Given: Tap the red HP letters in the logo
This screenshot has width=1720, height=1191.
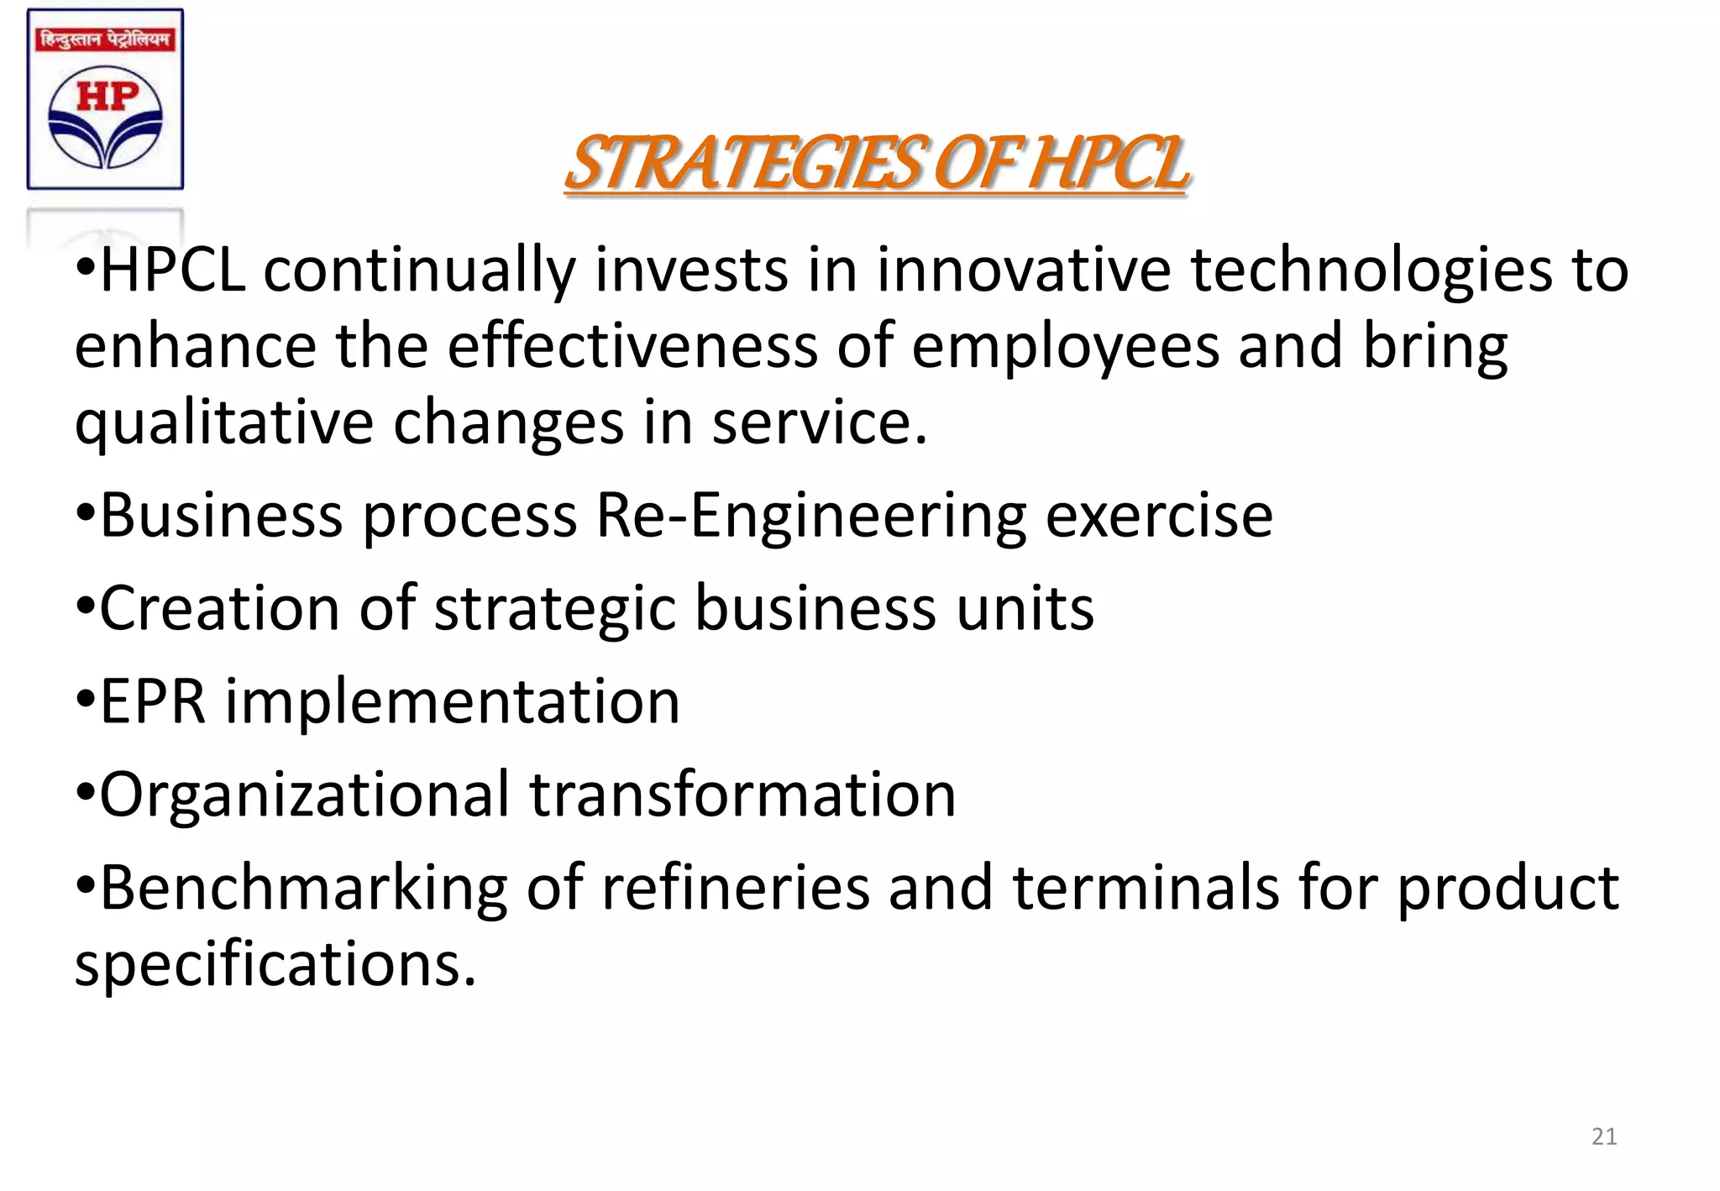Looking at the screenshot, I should (x=106, y=97).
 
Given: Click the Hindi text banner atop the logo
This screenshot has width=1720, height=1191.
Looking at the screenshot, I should (x=105, y=39).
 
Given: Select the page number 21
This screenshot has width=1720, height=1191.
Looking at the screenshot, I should (x=1604, y=1136).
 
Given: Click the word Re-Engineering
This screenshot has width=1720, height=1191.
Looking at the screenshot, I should (x=811, y=516).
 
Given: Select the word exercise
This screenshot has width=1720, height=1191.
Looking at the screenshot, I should (x=1159, y=516).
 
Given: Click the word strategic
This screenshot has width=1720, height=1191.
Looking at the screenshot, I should (x=555, y=608).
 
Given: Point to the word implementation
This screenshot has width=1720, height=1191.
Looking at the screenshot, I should (x=452, y=701).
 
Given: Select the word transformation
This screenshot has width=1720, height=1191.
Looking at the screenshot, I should (x=742, y=795).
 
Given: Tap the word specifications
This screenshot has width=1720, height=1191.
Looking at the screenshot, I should (x=275, y=964).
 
